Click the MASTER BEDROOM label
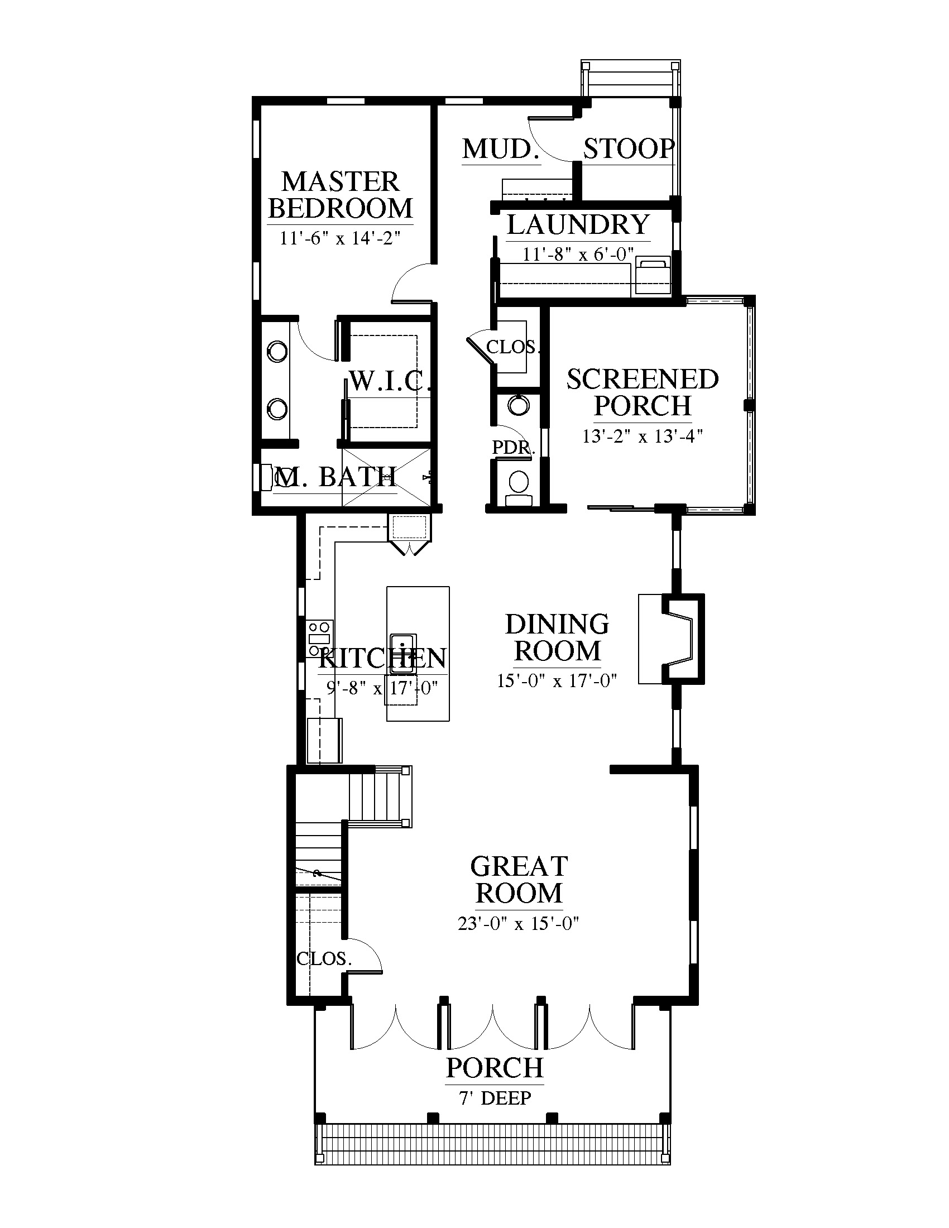pos(341,195)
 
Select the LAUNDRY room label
pos(578,224)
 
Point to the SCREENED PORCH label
pos(643,392)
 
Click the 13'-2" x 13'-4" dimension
pos(643,436)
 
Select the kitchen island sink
pos(402,652)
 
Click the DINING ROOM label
pos(557,637)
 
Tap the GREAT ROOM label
pos(519,879)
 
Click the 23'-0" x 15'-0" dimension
pos(519,923)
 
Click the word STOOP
pos(629,148)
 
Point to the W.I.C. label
pos(390,381)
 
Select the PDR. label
pos(514,448)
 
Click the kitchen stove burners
pos(319,637)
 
